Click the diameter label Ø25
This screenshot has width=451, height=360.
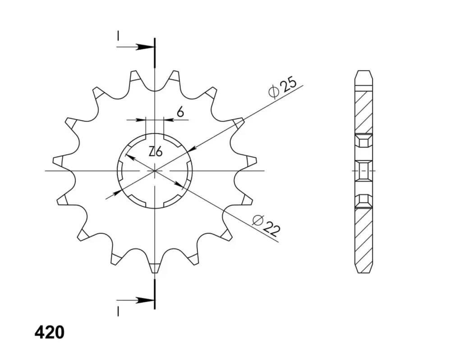pos(282,87)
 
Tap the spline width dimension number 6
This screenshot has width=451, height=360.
pos(180,111)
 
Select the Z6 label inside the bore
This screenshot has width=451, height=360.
pos(156,151)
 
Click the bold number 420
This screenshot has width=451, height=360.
pos(50,333)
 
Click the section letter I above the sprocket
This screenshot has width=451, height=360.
pos(118,36)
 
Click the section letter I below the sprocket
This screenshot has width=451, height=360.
pos(118,311)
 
